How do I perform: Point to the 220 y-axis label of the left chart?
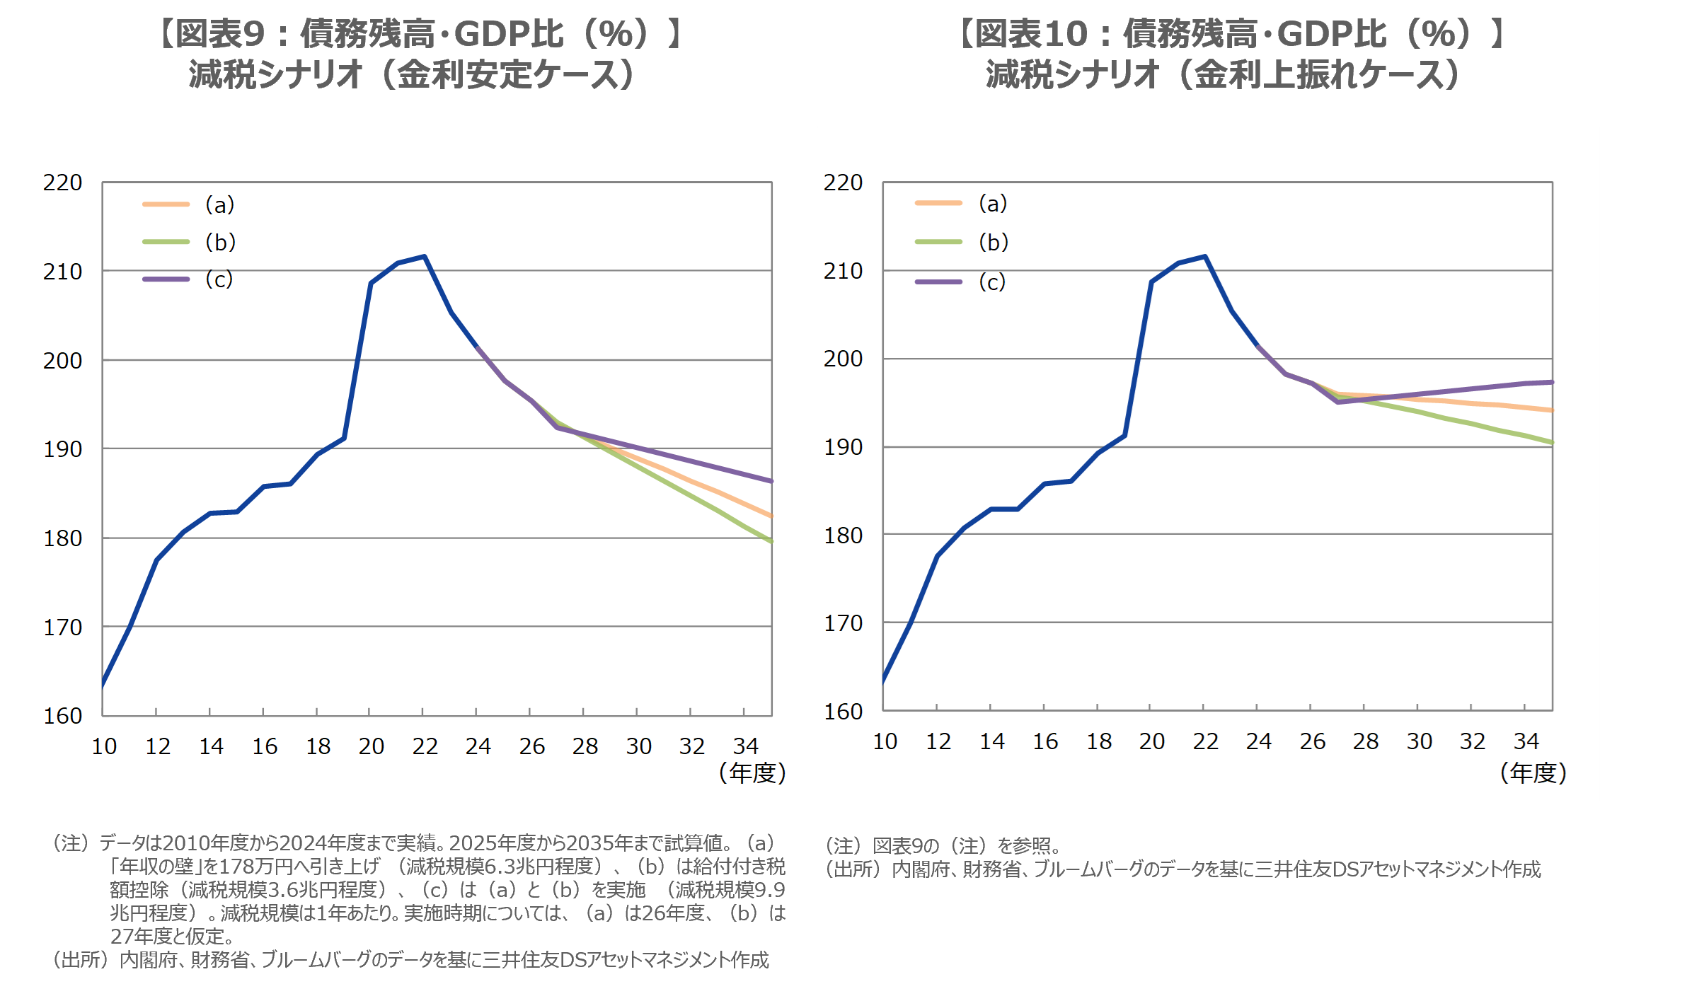point(63,183)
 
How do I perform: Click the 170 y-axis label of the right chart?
point(843,623)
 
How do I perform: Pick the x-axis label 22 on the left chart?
point(425,746)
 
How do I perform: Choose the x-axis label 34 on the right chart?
point(1526,741)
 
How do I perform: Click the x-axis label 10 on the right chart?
point(885,741)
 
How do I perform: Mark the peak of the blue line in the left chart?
point(424,256)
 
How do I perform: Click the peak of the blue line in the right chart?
point(1204,256)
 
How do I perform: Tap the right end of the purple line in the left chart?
point(771,481)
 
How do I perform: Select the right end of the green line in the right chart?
point(1551,443)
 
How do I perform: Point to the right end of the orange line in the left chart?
point(771,516)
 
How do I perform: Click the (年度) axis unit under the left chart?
point(752,772)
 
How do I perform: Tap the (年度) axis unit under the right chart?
point(1533,772)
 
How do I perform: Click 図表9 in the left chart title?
point(219,33)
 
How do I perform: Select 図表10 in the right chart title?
point(1030,33)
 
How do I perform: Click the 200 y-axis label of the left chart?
point(63,361)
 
